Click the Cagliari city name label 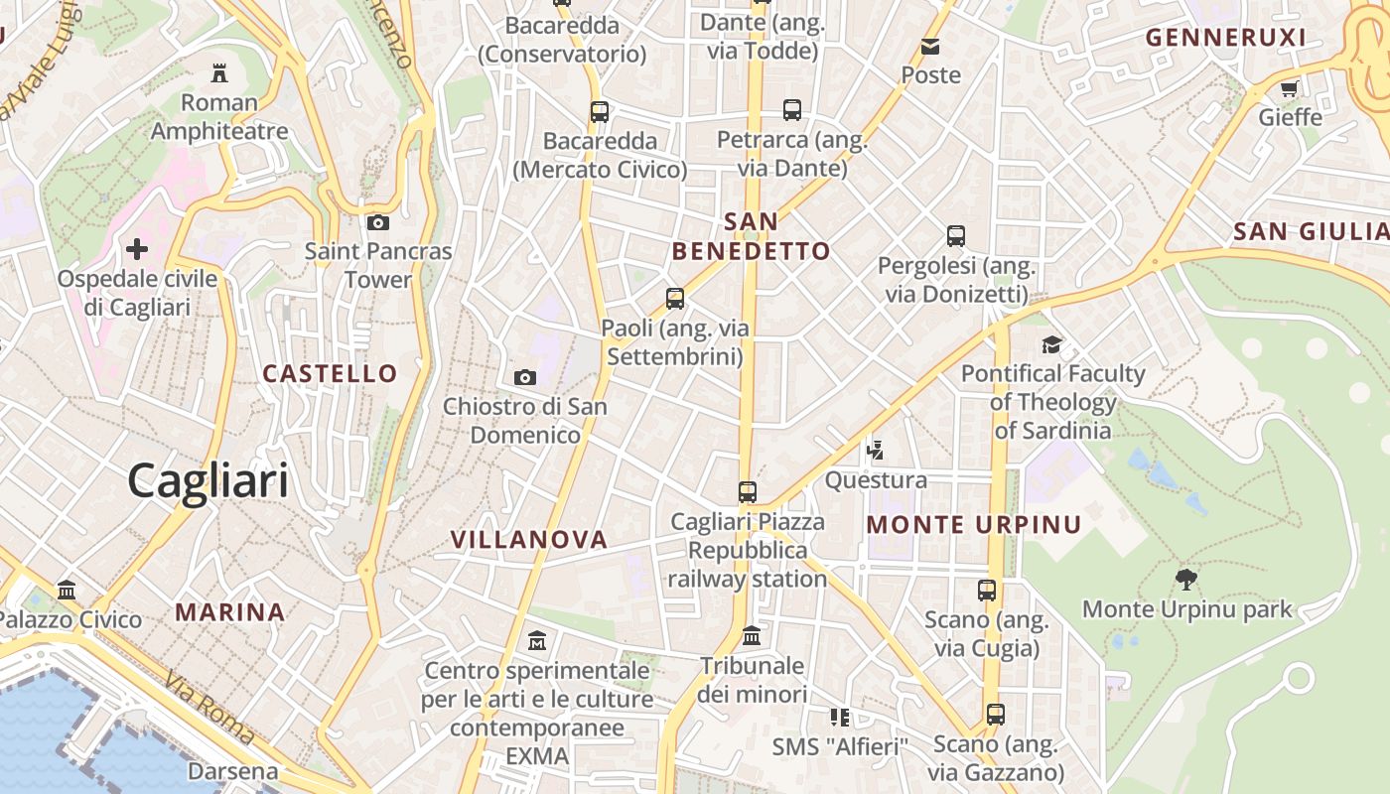pyautogui.click(x=208, y=481)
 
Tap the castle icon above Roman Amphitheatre pyautogui.click(x=219, y=72)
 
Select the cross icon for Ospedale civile pyautogui.click(x=137, y=248)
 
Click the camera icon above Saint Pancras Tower pyautogui.click(x=378, y=222)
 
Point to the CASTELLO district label pyautogui.click(x=330, y=373)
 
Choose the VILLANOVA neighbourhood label pyautogui.click(x=528, y=540)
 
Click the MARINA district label pyautogui.click(x=230, y=611)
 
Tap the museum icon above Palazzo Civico pyautogui.click(x=67, y=591)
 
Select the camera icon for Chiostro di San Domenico pyautogui.click(x=525, y=377)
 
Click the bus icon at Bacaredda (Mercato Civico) pyautogui.click(x=600, y=111)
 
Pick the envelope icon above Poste pyautogui.click(x=930, y=47)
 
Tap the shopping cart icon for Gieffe pyautogui.click(x=1290, y=88)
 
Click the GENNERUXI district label pyautogui.click(x=1225, y=38)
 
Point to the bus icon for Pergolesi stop pyautogui.click(x=956, y=236)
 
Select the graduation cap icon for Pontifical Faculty pyautogui.click(x=1051, y=344)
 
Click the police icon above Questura pyautogui.click(x=875, y=451)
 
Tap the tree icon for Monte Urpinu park pyautogui.click(x=1186, y=579)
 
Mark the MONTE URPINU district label pyautogui.click(x=974, y=524)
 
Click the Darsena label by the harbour pyautogui.click(x=233, y=771)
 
